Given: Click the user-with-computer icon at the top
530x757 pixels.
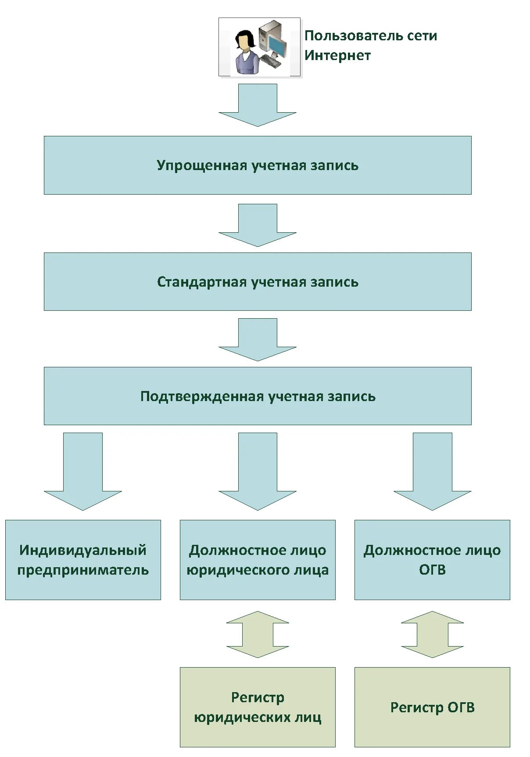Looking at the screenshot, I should (259, 47).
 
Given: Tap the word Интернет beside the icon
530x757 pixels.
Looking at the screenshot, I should (337, 56).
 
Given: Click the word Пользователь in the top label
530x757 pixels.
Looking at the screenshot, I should (349, 36).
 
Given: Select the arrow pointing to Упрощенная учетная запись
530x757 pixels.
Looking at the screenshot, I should (258, 105).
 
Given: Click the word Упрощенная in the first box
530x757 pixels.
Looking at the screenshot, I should (202, 165).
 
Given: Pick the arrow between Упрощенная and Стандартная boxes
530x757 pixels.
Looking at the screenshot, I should (258, 225).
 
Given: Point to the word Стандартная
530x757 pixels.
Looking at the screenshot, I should (202, 282).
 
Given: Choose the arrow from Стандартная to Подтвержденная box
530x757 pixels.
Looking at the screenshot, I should (258, 340).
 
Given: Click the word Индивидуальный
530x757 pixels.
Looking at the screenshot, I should (83, 550).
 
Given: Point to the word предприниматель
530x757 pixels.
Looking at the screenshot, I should (83, 570).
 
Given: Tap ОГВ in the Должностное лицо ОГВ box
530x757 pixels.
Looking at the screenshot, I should (432, 570).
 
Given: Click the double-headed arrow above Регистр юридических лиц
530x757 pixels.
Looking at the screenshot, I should (258, 634).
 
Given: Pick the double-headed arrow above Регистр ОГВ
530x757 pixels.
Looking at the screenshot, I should (432, 634).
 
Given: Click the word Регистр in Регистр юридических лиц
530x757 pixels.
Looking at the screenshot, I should (258, 697).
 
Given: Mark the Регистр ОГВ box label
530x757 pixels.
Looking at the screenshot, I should (432, 707).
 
